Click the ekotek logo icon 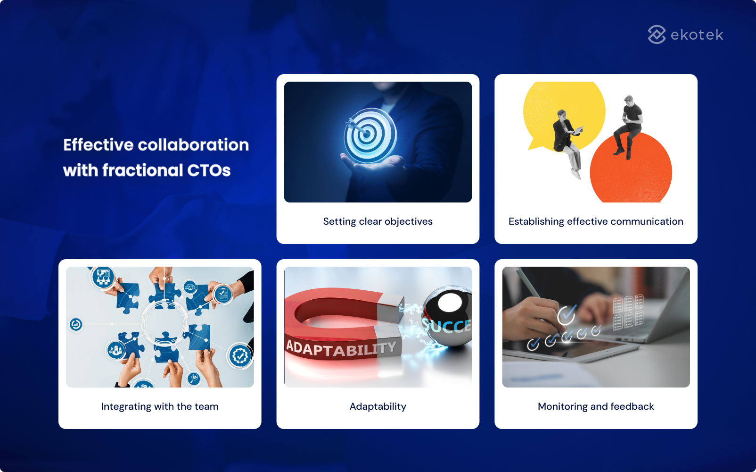[657, 34]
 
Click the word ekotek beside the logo [697, 35]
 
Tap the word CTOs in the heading [209, 170]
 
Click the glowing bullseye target [370, 135]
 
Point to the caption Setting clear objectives [378, 221]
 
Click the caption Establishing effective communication [596, 221]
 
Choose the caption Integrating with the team [160, 406]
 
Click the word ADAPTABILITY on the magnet [341, 349]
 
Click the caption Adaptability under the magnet [378, 406]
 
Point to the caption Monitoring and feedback [596, 406]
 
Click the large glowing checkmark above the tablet [567, 315]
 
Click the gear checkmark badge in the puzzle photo [240, 355]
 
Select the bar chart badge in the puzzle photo [103, 277]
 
